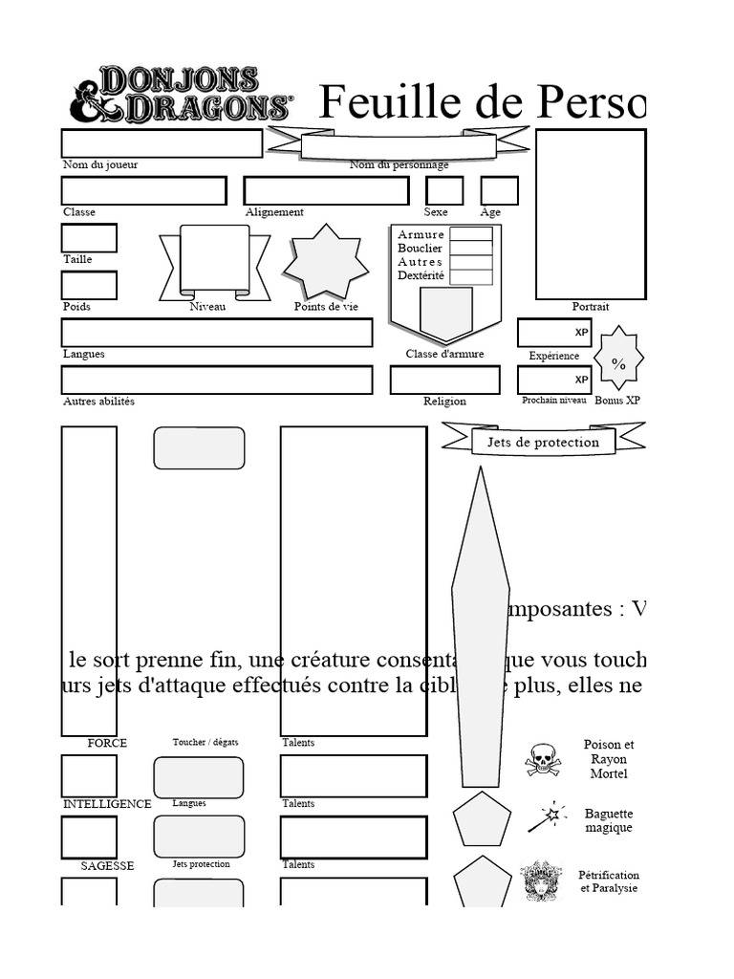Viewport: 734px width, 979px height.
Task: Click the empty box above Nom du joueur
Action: (162, 143)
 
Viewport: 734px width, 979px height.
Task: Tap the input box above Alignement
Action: (326, 190)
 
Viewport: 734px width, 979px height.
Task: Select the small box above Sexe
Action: (443, 190)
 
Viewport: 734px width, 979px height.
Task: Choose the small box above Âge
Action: (499, 190)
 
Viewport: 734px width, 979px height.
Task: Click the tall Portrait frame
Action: (590, 214)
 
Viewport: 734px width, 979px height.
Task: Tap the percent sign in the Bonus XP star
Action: (618, 364)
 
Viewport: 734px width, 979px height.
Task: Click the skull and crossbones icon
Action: (542, 759)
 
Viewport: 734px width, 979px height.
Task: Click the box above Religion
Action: (444, 380)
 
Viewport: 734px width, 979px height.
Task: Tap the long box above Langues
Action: (217, 333)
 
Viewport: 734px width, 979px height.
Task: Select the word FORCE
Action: (107, 743)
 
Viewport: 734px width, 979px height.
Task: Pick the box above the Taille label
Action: (89, 238)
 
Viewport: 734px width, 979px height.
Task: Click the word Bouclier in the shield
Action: (420, 249)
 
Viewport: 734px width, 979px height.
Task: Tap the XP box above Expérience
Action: (554, 333)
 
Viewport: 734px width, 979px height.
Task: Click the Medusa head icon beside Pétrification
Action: (541, 881)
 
